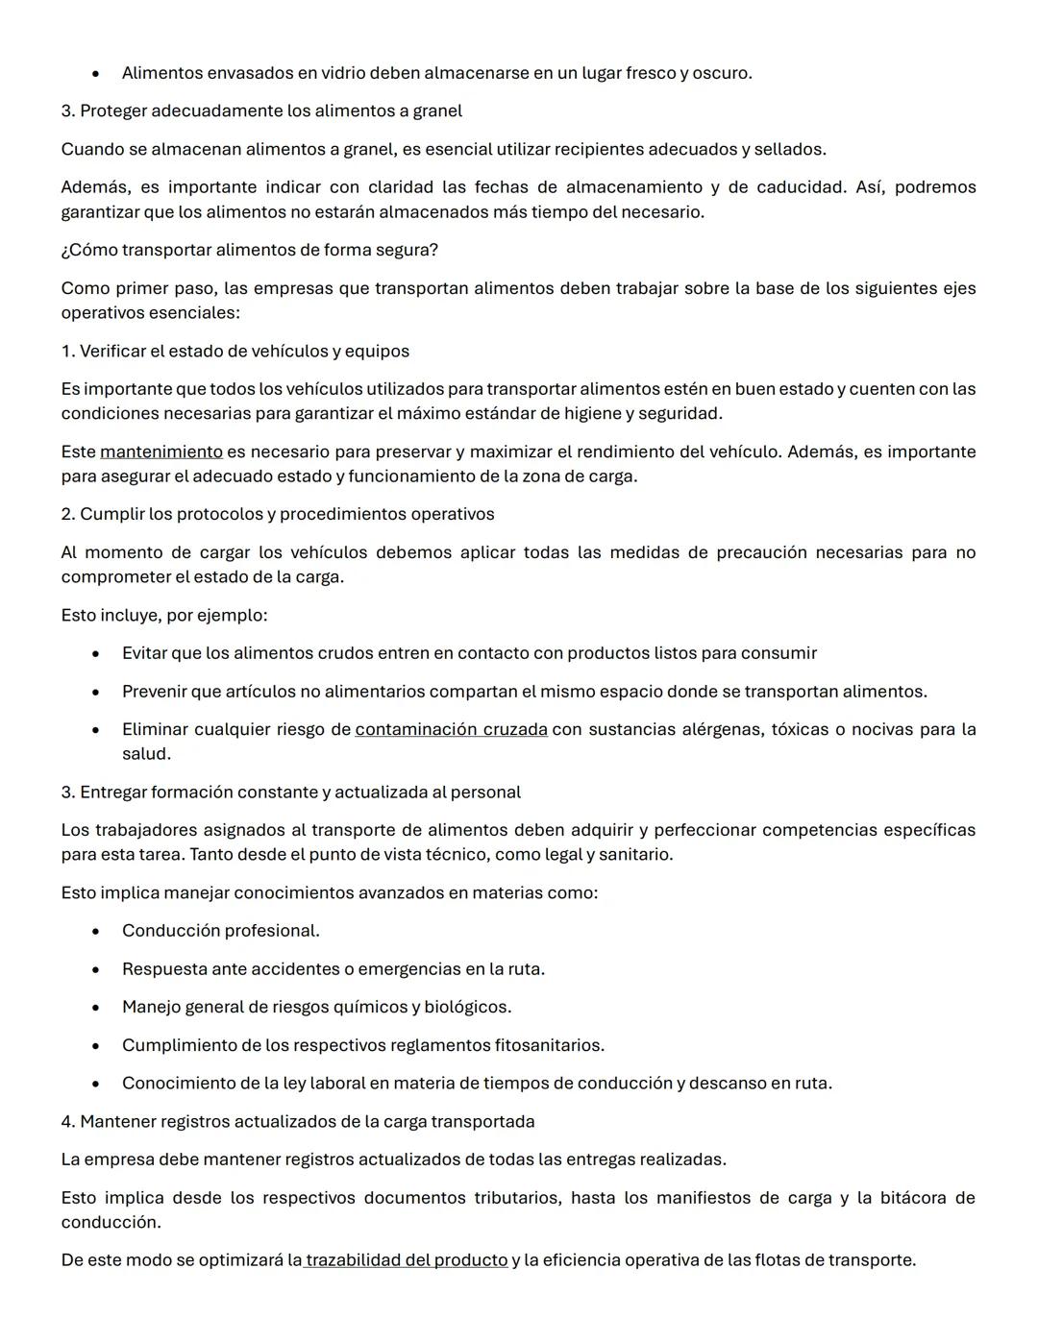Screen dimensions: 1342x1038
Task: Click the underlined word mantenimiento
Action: pos(161,451)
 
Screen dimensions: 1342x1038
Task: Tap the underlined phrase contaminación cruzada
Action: pos(451,729)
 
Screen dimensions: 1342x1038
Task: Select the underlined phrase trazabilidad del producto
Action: pos(407,1259)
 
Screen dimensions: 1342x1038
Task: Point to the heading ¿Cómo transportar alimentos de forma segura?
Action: pos(249,250)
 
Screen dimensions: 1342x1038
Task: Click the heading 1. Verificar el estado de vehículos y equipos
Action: pos(235,351)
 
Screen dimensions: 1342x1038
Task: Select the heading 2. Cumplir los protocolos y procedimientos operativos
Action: pos(277,514)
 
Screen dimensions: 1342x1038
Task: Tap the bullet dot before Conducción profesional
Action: pos(96,931)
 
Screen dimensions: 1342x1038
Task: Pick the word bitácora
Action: pos(913,1198)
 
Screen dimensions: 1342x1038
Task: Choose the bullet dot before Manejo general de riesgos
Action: pos(96,1008)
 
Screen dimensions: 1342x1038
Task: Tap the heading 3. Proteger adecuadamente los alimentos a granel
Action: pos(261,110)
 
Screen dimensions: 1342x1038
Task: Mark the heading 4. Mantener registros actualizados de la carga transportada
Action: pos(297,1121)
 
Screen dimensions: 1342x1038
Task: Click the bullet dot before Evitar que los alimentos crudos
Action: pos(96,654)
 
